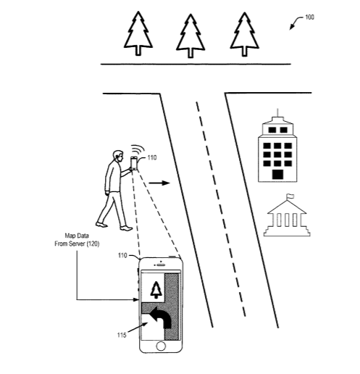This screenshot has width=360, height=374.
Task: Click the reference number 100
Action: [x=309, y=17]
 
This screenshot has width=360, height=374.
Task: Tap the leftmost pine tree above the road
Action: [x=138, y=33]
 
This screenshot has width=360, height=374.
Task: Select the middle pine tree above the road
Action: [x=191, y=36]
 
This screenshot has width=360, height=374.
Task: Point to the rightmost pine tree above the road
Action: [x=244, y=34]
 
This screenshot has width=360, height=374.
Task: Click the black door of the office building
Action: [x=277, y=175]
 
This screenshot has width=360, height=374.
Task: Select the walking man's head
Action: [x=118, y=156]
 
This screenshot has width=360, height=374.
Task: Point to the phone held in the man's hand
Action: [x=134, y=163]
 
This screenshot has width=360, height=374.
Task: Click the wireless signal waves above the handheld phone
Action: [x=138, y=149]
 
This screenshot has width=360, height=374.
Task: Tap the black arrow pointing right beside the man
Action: [x=159, y=183]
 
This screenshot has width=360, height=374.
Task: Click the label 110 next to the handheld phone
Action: [x=152, y=157]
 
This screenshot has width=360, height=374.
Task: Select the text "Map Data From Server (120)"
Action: [x=77, y=240]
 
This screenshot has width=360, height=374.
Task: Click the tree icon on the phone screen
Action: [x=156, y=290]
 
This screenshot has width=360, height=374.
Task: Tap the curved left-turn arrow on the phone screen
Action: [x=161, y=317]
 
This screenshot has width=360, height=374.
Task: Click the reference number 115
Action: [x=122, y=335]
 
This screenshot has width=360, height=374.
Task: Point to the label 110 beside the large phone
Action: [x=122, y=255]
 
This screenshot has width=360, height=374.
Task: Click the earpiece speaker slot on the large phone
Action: [x=161, y=265]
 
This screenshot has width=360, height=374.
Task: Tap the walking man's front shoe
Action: [x=126, y=228]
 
